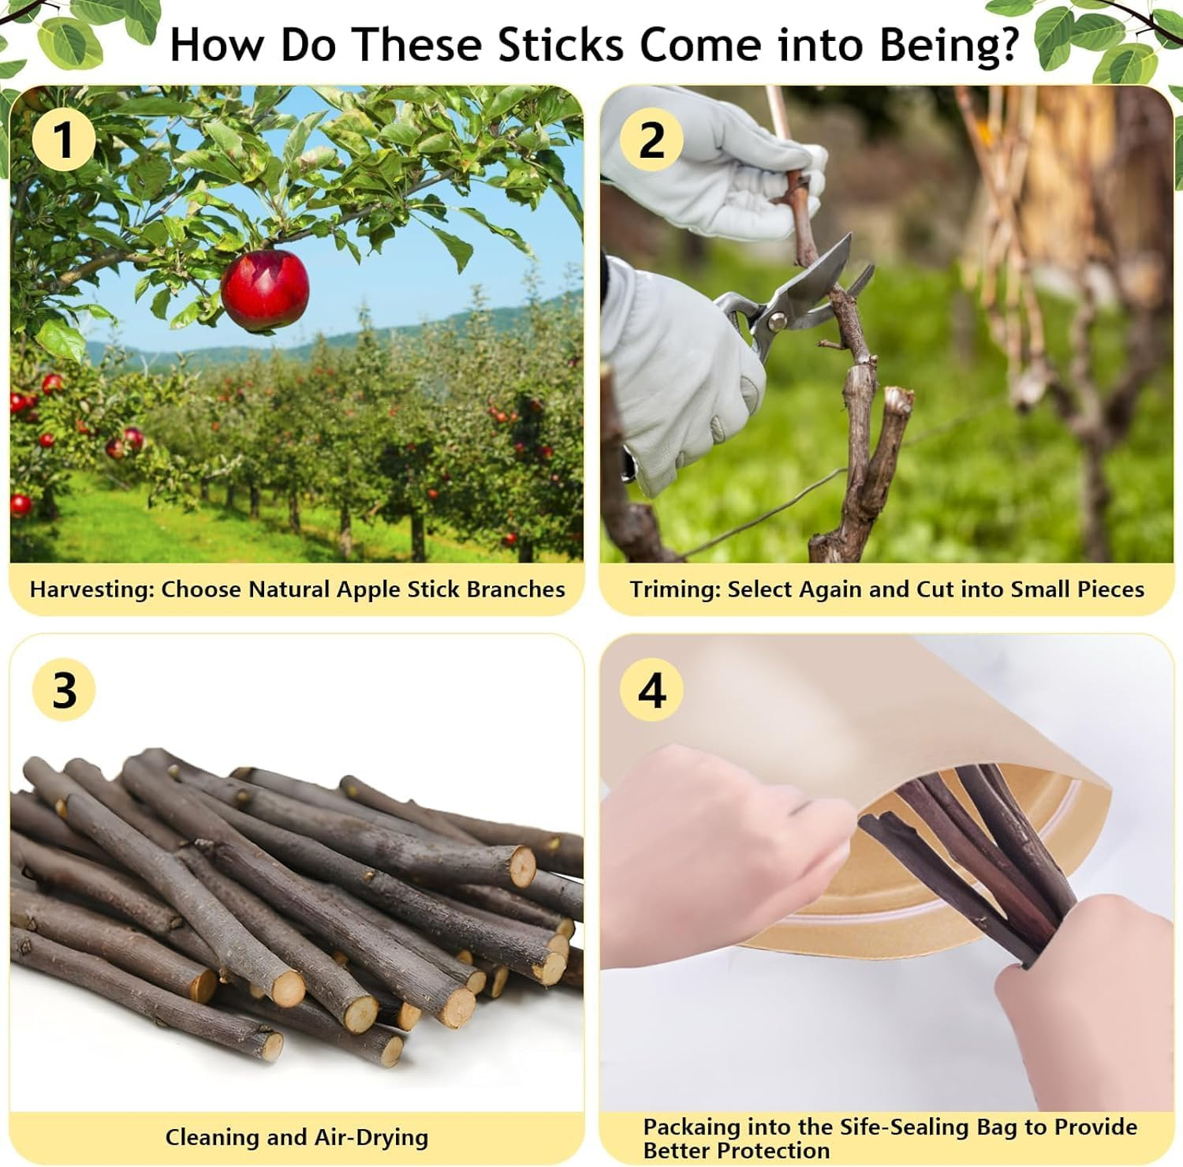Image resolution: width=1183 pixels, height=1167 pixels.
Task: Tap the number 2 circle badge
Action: click(651, 140)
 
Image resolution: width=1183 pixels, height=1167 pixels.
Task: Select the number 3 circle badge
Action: click(64, 690)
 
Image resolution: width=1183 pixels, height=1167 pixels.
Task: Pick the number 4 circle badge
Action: click(651, 690)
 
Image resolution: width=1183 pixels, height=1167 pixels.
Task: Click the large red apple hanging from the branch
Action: click(265, 290)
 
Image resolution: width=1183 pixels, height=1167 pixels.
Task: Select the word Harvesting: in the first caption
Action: click(91, 589)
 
